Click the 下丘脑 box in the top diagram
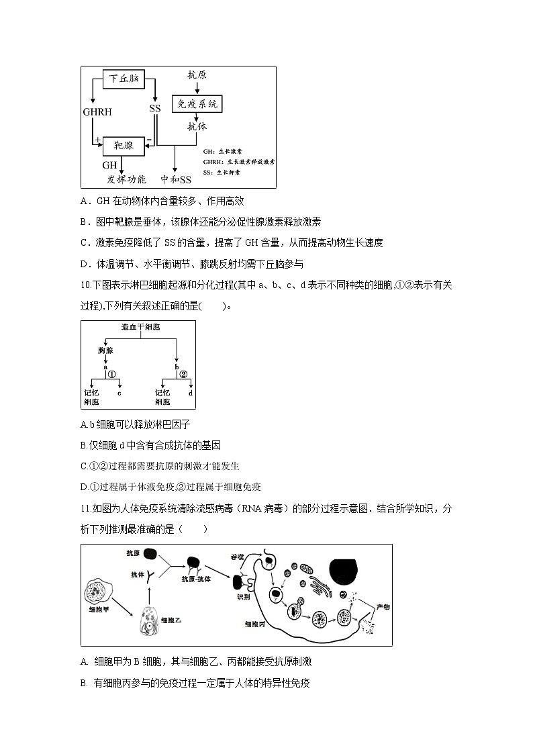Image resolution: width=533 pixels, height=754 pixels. click(125, 79)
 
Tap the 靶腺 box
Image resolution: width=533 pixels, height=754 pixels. click(123, 144)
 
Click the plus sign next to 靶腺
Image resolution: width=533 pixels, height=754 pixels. click(98, 140)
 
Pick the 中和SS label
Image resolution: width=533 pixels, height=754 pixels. click(176, 179)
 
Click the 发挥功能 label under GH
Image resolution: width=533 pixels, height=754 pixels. click(126, 179)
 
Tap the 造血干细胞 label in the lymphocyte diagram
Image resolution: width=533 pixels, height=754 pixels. click(140, 328)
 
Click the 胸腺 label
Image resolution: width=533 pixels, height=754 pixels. click(105, 350)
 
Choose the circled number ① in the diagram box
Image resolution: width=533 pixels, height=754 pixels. click(112, 374)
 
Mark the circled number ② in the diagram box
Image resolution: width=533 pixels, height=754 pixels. click(183, 374)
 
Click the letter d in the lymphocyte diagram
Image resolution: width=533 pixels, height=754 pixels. click(191, 393)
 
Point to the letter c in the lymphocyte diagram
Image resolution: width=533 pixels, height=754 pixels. click(119, 393)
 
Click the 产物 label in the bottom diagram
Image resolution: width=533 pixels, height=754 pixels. click(383, 606)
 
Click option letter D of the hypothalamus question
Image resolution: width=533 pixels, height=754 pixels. click(85, 264)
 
